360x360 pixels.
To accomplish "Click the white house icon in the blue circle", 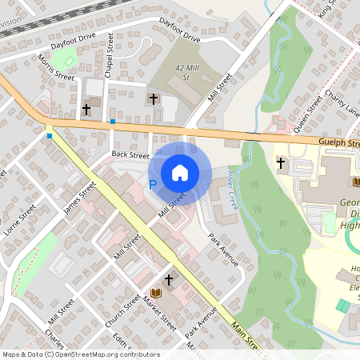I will (180, 172).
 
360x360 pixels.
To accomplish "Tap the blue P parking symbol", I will (152, 185).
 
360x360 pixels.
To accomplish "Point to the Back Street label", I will (130, 154).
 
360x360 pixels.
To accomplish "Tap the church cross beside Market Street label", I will (169, 279).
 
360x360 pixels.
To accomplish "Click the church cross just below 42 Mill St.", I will (153, 99).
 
